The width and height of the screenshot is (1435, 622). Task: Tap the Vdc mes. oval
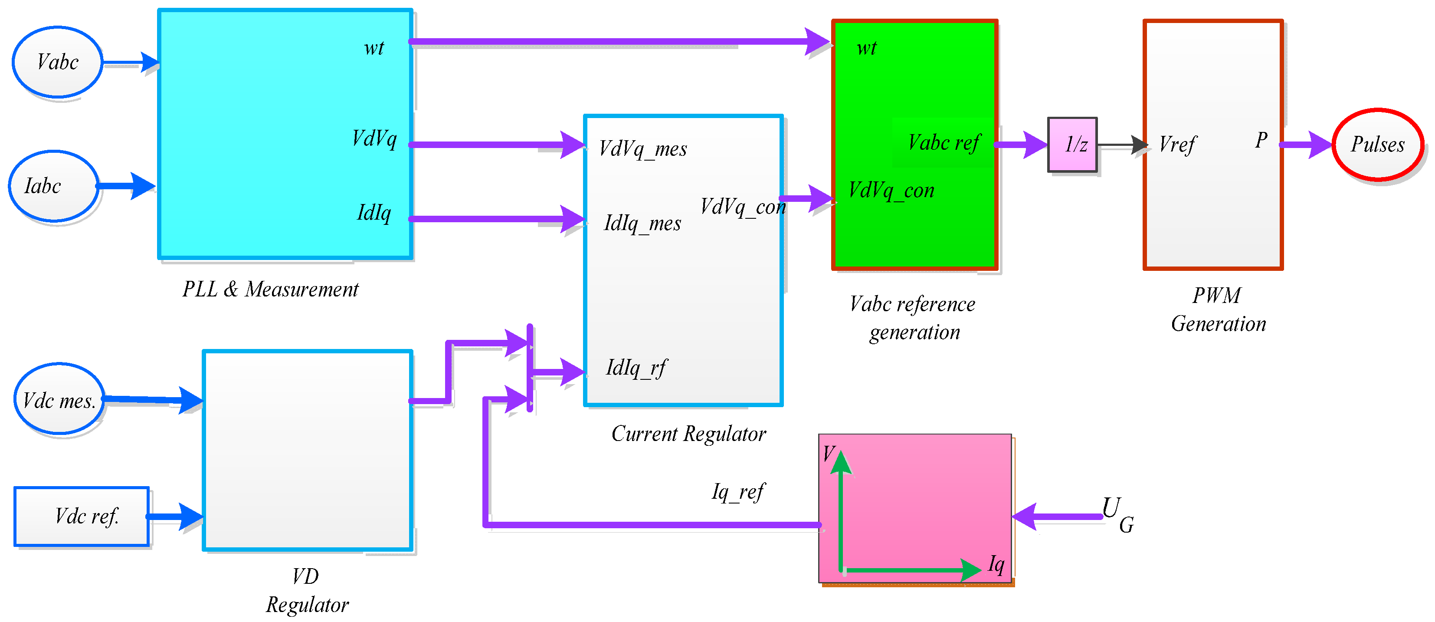click(x=59, y=398)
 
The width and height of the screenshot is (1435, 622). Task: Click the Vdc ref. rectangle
click(x=82, y=516)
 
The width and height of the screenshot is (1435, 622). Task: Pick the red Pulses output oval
click(x=1378, y=145)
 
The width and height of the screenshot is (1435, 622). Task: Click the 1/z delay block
click(x=1072, y=145)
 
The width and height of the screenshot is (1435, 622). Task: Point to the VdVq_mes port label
click(x=643, y=149)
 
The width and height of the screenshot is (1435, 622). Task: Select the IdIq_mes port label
click(x=642, y=224)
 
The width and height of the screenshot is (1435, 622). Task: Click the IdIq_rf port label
click(x=636, y=368)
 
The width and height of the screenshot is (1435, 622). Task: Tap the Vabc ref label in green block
click(x=944, y=143)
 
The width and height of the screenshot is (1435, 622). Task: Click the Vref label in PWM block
click(x=1176, y=145)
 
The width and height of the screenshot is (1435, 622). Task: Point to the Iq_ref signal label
click(x=738, y=492)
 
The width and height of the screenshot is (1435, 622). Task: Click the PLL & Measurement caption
click(x=271, y=289)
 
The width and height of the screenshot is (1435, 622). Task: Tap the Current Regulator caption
click(x=688, y=434)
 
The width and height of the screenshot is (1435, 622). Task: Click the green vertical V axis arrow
click(x=841, y=510)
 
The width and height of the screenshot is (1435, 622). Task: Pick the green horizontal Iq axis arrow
click(x=911, y=569)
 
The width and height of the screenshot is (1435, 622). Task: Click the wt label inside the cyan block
click(x=374, y=48)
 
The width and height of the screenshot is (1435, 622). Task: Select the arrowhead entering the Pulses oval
click(x=1319, y=145)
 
